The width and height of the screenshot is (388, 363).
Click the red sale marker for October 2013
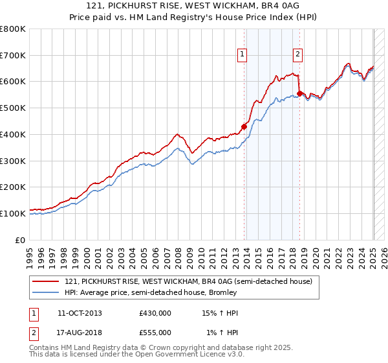click(244, 126)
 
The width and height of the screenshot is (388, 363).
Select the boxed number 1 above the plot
click(242, 55)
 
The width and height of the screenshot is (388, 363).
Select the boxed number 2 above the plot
click(297, 55)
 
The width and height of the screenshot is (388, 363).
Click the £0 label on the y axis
click(21, 240)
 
